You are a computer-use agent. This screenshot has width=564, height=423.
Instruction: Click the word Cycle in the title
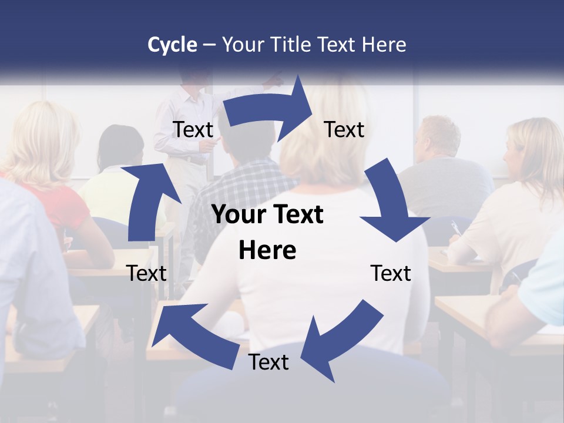pos(172,45)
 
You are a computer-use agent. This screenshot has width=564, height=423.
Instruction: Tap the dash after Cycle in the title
pos(209,45)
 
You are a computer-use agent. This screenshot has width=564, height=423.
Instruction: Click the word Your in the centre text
pos(235,214)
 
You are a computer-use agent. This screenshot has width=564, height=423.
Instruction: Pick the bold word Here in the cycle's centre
pos(267,250)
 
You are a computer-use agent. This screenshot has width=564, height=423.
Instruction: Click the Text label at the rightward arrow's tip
pos(344,129)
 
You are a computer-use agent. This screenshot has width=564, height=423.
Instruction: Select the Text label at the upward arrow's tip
pos(193,129)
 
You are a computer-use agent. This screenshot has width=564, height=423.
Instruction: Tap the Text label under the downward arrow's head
pos(391,273)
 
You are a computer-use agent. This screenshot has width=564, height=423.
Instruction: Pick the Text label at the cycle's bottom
pos(268,362)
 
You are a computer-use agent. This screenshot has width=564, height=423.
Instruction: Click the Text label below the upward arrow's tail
pos(146,273)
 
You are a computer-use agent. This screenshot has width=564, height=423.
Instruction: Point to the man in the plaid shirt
pos(241,188)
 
